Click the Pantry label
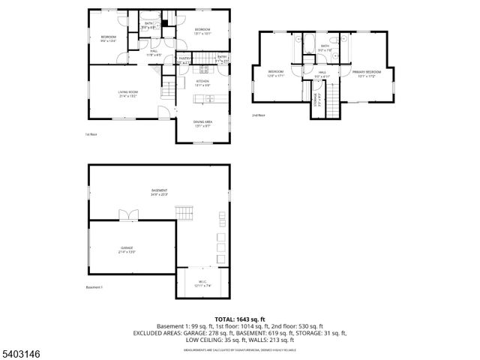(x=184, y=60)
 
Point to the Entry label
(x=223, y=58)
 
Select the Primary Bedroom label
(x=367, y=73)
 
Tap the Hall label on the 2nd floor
(x=322, y=73)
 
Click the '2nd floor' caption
(x=259, y=115)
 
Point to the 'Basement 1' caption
(x=94, y=287)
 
